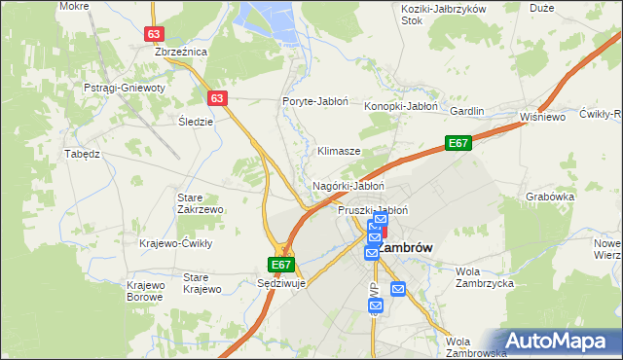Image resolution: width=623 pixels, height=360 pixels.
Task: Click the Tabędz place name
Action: pos(82,154)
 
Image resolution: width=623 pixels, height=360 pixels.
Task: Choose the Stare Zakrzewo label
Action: pos(201,202)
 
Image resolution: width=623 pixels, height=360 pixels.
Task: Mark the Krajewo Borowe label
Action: pos(144,290)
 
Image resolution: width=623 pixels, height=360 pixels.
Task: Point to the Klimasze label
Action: pos(340,152)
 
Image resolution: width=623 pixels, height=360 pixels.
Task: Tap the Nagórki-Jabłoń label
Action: pos(348,185)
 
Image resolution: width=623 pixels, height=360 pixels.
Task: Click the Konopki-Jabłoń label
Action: pos(401,106)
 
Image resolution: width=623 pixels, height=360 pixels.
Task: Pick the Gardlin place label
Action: pos(466,111)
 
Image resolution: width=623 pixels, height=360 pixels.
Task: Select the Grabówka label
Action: pos(549,195)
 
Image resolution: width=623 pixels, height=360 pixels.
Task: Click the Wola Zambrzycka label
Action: pos(485,277)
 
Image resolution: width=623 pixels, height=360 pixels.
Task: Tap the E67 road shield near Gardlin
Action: pos(459,143)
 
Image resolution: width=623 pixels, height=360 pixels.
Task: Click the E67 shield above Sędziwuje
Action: pos(280,265)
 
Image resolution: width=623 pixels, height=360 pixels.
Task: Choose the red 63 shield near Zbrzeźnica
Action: pos(153,33)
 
